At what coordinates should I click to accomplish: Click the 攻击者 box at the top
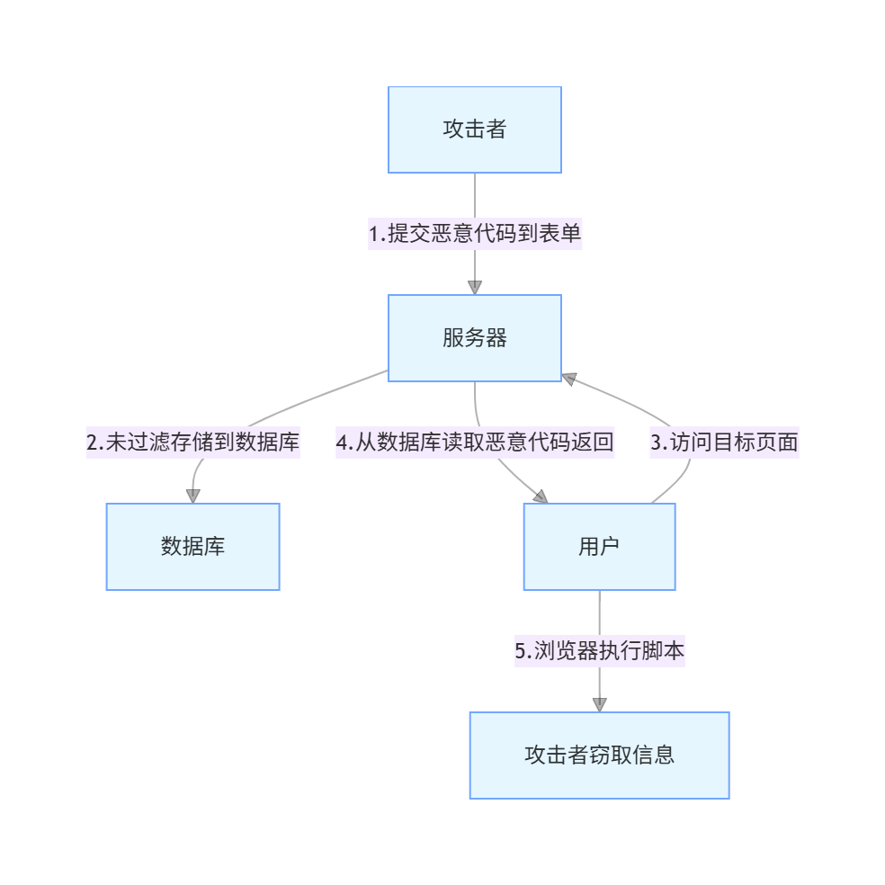click(x=474, y=130)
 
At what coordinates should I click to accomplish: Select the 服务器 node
click(x=474, y=338)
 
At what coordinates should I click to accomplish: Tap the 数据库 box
click(x=192, y=546)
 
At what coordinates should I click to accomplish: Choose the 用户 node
click(x=599, y=546)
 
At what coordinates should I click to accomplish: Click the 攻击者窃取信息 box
click(x=599, y=755)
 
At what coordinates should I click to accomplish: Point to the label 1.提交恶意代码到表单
click(x=475, y=234)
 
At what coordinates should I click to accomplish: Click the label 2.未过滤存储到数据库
click(x=192, y=442)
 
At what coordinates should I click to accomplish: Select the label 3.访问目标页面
click(x=724, y=442)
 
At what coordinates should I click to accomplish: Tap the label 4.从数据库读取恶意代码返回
click(x=475, y=442)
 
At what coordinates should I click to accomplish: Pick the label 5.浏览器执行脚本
click(x=599, y=651)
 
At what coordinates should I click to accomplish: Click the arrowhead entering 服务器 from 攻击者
click(x=475, y=287)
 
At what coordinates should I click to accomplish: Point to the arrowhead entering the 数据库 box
click(x=192, y=496)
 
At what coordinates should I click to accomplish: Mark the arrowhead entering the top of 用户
click(x=540, y=496)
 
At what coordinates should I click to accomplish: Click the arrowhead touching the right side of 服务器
click(x=568, y=378)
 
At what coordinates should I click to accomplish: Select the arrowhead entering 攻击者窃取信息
click(x=599, y=704)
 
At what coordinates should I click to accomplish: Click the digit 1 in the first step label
click(x=373, y=235)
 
